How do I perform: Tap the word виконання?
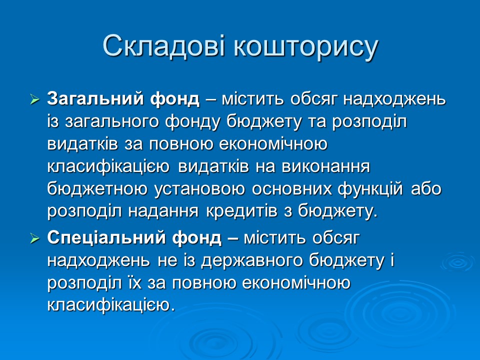(x=326, y=167)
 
